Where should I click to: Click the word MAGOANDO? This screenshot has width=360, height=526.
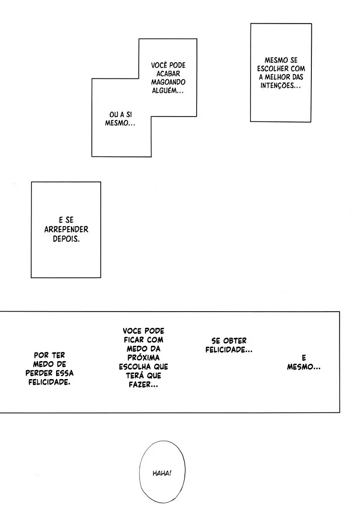(x=168, y=82)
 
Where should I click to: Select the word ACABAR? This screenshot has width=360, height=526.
(x=168, y=74)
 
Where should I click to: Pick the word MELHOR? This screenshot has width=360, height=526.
(x=277, y=77)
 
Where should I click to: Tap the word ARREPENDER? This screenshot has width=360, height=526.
(x=66, y=229)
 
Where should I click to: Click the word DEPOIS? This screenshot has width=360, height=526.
(x=66, y=239)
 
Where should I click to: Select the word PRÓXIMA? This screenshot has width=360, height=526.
(x=143, y=358)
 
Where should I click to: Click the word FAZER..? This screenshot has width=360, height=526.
(x=143, y=384)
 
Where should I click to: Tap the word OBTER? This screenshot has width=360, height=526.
(x=234, y=341)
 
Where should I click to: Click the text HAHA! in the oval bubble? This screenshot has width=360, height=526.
(x=162, y=473)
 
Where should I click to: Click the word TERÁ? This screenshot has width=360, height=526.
(x=135, y=376)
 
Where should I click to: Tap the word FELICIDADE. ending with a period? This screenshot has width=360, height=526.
(x=49, y=382)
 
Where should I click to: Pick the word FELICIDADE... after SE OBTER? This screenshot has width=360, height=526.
(x=229, y=350)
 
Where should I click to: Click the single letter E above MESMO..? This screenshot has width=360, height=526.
(x=304, y=358)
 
